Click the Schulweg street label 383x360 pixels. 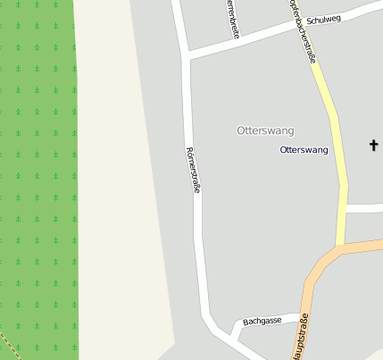coord(323,19)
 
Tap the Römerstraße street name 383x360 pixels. coord(192,170)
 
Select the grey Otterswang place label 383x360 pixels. coord(265,130)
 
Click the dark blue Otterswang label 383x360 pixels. coord(304,150)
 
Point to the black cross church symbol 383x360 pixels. coord(373,145)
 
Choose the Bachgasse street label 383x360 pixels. coord(262,319)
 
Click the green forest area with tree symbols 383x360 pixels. coord(36,179)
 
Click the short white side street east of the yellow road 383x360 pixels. coord(364,208)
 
